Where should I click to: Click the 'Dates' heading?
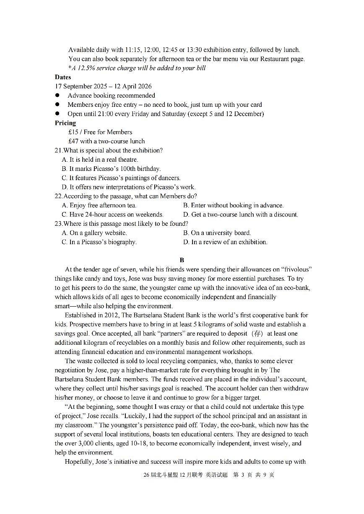[x=63, y=77]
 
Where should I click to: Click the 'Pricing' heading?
[x=65, y=123]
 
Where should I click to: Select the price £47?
[x=73, y=141]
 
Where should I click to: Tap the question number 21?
[x=58, y=150]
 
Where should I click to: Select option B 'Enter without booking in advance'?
[x=237, y=205]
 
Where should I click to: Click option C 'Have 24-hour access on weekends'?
[x=116, y=214]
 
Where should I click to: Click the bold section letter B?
[x=182, y=260]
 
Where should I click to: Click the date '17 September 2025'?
[x=81, y=86]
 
